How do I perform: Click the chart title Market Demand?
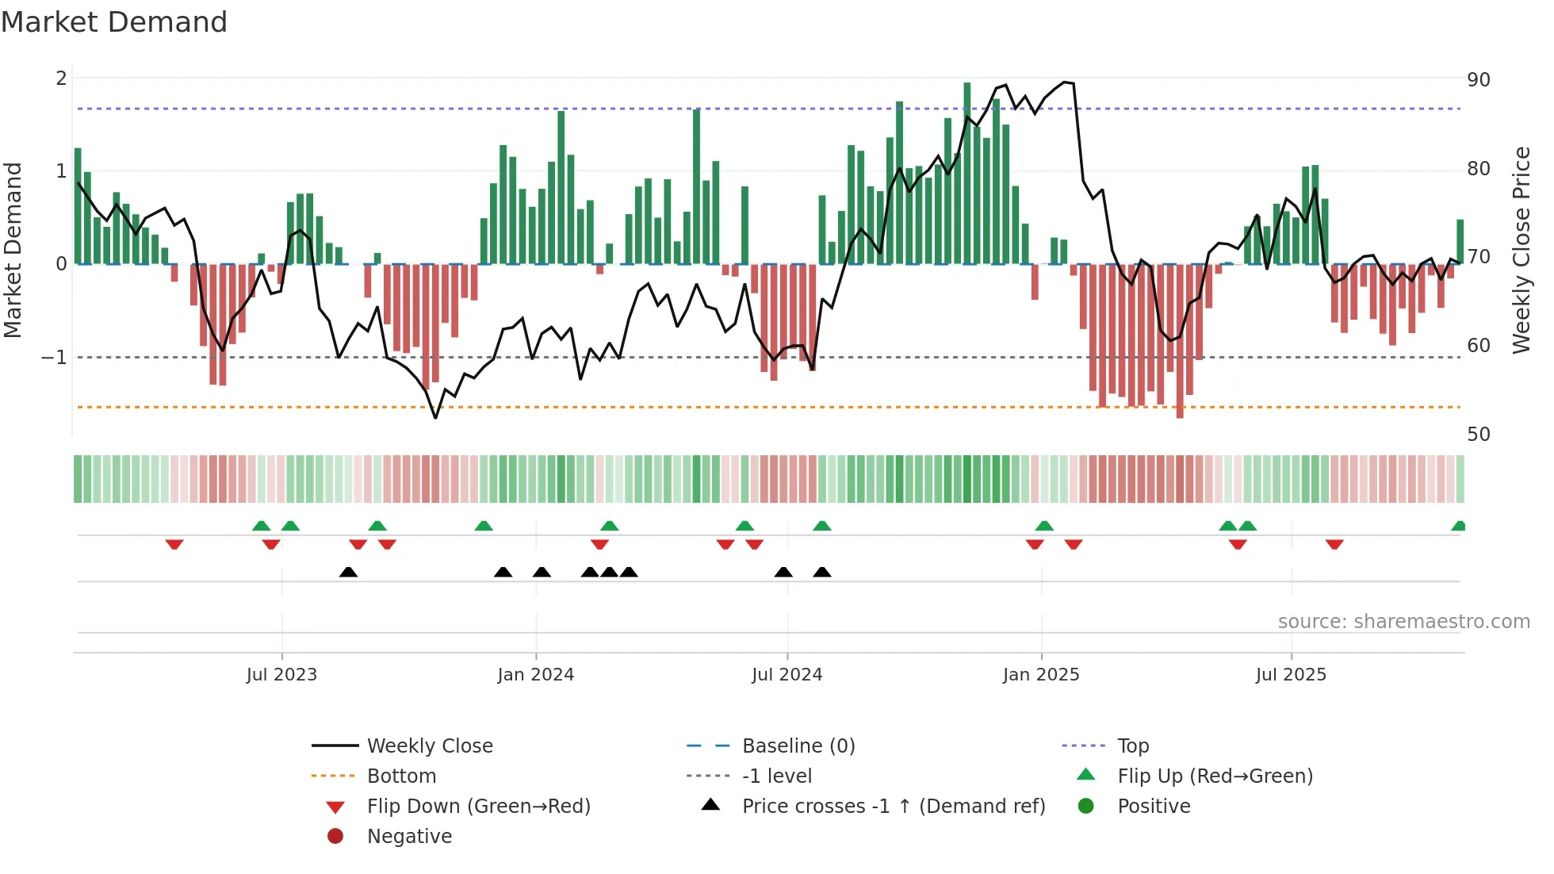point(114,22)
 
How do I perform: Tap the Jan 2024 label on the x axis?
point(535,675)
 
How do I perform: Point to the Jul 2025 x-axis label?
point(1290,675)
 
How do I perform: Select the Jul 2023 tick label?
point(281,675)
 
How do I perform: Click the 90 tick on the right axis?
point(1478,80)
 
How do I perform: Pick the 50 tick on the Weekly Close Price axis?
point(1478,435)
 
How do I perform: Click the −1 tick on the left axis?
point(54,358)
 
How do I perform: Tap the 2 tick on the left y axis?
point(61,79)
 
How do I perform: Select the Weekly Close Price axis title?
point(1521,250)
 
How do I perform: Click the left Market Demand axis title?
point(13,250)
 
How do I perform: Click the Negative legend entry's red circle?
point(335,837)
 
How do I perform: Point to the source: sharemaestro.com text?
point(1403,622)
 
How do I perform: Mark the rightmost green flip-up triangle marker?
point(1458,526)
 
